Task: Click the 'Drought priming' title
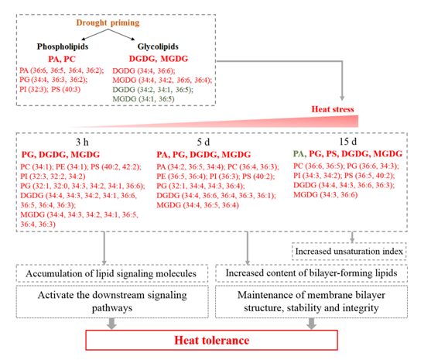pos(108,22)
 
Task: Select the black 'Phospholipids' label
pos(63,46)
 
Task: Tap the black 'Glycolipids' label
pos(158,46)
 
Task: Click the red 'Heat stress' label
pos(333,109)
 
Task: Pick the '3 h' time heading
pos(82,142)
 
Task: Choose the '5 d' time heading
pos(204,142)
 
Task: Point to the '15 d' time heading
pos(348,142)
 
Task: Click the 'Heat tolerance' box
pos(212,340)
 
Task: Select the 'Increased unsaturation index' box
pos(349,252)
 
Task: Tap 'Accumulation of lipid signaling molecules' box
pos(112,273)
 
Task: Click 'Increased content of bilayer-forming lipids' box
pos(311,273)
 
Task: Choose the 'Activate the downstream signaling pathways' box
pos(112,302)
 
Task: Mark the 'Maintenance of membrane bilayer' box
pos(311,302)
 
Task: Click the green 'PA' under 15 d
pos(299,154)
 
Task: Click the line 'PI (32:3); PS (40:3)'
pos(50,89)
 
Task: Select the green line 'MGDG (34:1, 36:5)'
pos(143,99)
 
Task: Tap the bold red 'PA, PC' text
pos(62,59)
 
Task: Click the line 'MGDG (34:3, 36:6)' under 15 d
pos(326,195)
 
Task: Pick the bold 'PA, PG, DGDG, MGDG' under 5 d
pos(204,155)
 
